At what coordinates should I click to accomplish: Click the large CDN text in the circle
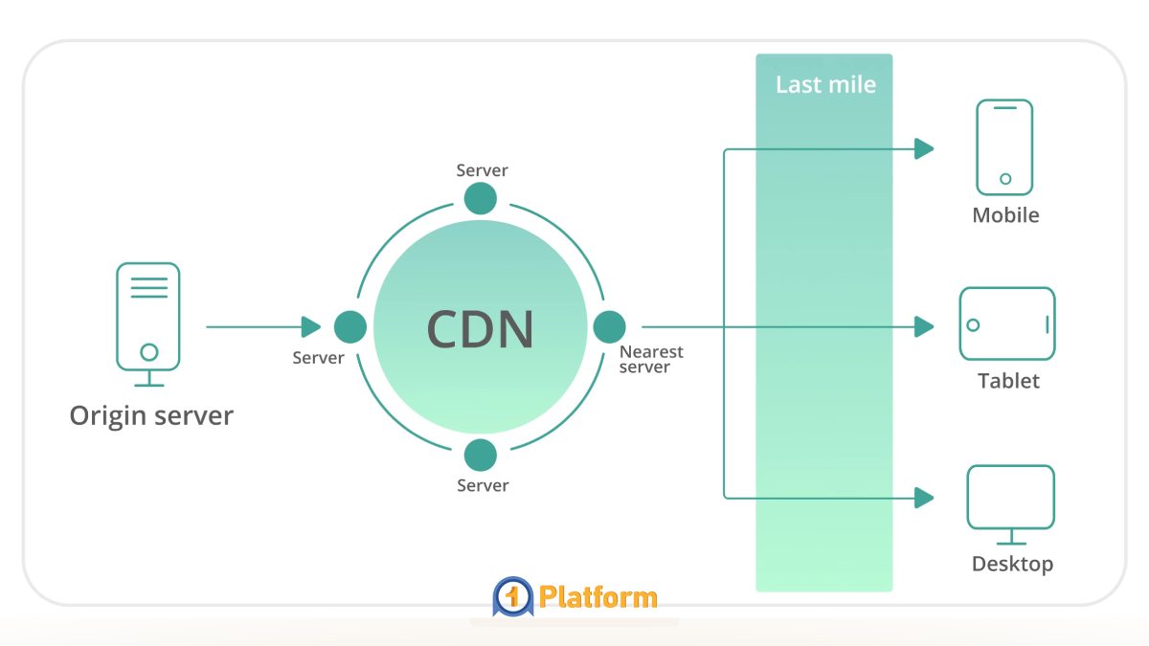tap(480, 328)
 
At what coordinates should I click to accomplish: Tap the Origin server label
tap(151, 416)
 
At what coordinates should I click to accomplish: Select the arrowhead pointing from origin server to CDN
tap(311, 327)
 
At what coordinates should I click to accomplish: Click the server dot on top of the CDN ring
tap(481, 199)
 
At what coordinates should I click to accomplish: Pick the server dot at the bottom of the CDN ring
tap(481, 455)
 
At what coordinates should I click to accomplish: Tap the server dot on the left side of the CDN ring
tap(350, 327)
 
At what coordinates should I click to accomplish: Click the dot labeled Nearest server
tap(609, 327)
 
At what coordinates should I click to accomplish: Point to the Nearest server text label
tap(650, 360)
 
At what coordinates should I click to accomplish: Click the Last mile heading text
tap(825, 84)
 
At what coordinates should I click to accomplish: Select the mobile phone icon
tap(1004, 147)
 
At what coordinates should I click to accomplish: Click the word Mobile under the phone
tap(1005, 215)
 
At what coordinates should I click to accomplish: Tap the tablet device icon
tap(1007, 323)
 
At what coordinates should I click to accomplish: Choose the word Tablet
tap(1008, 381)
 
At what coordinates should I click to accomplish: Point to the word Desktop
tap(1012, 564)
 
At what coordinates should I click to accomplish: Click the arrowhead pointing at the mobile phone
tap(924, 148)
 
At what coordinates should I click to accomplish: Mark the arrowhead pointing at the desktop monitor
tap(924, 498)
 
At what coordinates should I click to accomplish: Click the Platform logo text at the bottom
tap(597, 598)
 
